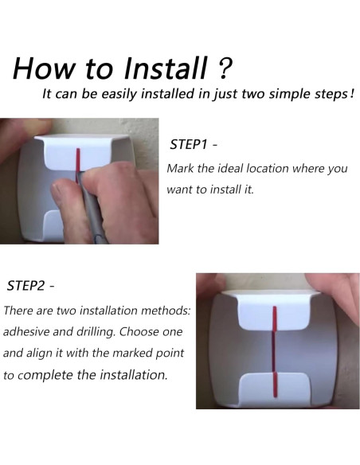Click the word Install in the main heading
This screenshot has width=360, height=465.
165,68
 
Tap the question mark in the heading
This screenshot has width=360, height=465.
225,68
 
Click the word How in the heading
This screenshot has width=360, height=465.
44,68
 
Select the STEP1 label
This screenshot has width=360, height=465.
188,144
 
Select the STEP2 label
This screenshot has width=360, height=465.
25,286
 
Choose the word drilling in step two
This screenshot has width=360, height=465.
96,332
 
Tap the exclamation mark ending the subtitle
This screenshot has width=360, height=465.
352,94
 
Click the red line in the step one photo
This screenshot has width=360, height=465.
78,162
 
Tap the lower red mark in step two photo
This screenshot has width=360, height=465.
275,385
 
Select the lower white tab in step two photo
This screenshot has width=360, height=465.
275,388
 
